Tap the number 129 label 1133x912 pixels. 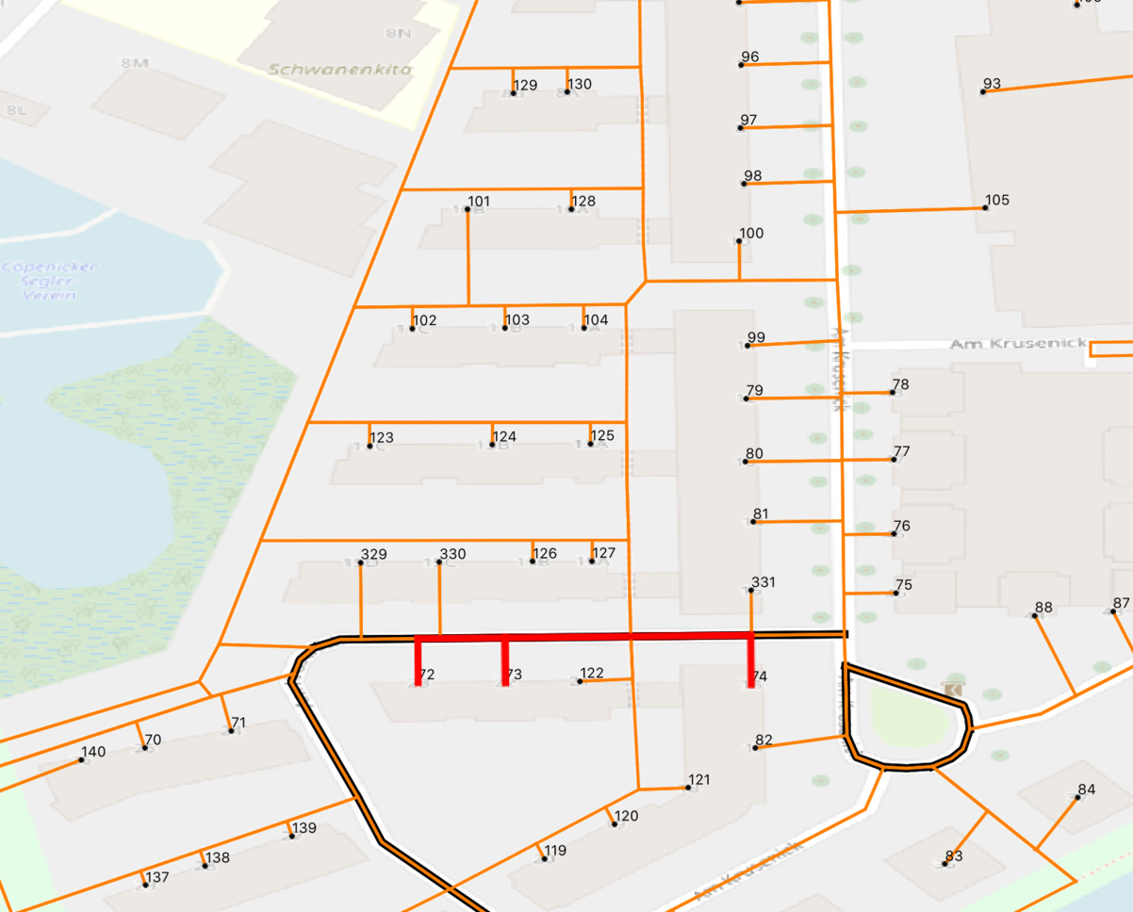tap(525, 85)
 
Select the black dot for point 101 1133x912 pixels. tap(468, 209)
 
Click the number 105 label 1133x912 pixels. tap(996, 200)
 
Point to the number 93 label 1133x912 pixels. tap(992, 84)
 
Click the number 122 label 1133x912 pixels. tap(592, 672)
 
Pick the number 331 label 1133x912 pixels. tap(763, 581)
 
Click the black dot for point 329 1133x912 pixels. tap(361, 563)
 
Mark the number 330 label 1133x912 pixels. tap(452, 553)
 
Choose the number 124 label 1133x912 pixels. tap(504, 436)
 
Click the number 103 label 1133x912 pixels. tap(517, 319)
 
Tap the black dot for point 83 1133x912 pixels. tap(945, 864)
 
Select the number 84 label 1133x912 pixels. tap(1087, 789)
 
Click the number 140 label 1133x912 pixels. tap(93, 751)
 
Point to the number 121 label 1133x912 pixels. tap(699, 779)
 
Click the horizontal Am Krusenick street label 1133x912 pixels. tap(1017, 344)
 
